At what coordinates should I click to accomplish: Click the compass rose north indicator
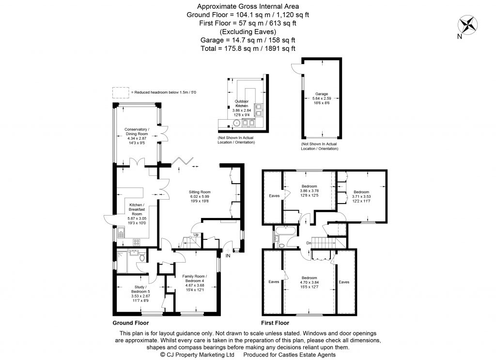click(x=467, y=24)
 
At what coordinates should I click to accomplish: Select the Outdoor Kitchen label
click(x=242, y=103)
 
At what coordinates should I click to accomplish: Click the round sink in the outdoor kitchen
click(x=236, y=123)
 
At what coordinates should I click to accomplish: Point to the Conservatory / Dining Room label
click(x=136, y=132)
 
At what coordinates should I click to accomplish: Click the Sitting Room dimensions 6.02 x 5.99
click(x=201, y=197)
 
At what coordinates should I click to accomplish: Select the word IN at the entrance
click(x=228, y=256)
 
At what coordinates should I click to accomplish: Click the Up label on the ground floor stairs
click(x=195, y=235)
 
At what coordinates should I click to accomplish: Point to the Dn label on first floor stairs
click(x=309, y=243)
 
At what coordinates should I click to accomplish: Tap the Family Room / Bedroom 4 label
click(x=196, y=279)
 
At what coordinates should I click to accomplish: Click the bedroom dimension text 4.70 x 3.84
click(x=309, y=282)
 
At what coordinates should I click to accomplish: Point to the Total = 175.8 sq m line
click(x=248, y=48)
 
